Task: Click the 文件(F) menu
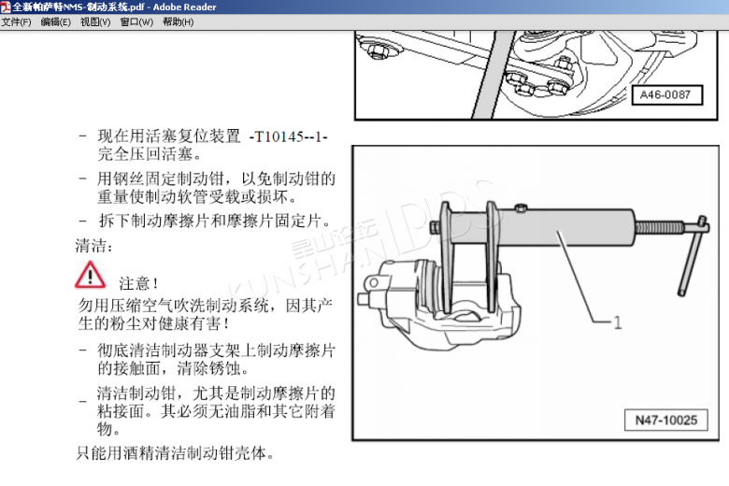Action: [x=16, y=21]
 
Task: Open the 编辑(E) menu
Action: [x=56, y=21]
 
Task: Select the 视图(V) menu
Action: [x=95, y=21]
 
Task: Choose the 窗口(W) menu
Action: [x=136, y=21]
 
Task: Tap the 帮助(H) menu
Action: [x=179, y=21]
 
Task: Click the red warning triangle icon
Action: [x=90, y=275]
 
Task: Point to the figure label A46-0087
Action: [x=665, y=95]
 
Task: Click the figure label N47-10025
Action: [x=665, y=420]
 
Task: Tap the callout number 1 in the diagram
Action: [x=618, y=322]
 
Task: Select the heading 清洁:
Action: [x=93, y=245]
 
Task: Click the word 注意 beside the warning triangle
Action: [x=134, y=283]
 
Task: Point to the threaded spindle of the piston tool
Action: [x=659, y=227]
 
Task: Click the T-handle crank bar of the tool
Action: [x=690, y=256]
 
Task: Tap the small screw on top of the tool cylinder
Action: [x=521, y=207]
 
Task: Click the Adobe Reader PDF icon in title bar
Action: [x=6, y=7]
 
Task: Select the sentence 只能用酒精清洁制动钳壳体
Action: [x=175, y=452]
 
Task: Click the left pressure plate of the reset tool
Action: [x=447, y=257]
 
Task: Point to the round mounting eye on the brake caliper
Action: [x=373, y=282]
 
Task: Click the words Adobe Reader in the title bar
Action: [x=184, y=7]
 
